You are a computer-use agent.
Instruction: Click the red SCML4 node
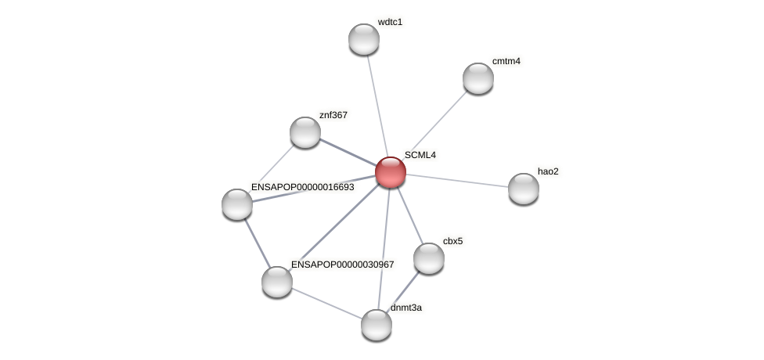click(x=391, y=172)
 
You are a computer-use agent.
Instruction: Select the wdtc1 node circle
click(x=364, y=39)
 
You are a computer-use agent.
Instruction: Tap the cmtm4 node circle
click(x=478, y=78)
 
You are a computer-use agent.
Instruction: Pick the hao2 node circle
click(x=524, y=189)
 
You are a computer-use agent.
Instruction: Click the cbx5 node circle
click(x=429, y=258)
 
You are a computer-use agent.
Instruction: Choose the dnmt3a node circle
click(x=377, y=325)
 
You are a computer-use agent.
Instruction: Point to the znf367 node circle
click(x=305, y=132)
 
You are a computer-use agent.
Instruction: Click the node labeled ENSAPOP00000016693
click(x=237, y=204)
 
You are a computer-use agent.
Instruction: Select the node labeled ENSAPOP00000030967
click(x=277, y=282)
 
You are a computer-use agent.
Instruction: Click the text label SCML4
click(x=420, y=155)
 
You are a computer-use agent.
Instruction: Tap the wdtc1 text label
click(x=390, y=22)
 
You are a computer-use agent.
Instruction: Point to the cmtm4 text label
click(x=506, y=61)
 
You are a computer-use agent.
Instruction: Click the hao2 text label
click(x=548, y=171)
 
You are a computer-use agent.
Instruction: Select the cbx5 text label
click(x=452, y=241)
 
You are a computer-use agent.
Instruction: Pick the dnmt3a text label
click(x=406, y=308)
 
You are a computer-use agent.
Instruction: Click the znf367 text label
click(x=333, y=115)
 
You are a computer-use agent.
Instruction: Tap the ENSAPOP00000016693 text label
click(x=303, y=187)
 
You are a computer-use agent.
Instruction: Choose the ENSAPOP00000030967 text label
click(x=343, y=265)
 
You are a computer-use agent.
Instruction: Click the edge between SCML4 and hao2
click(x=457, y=181)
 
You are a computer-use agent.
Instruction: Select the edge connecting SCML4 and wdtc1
click(x=377, y=106)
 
